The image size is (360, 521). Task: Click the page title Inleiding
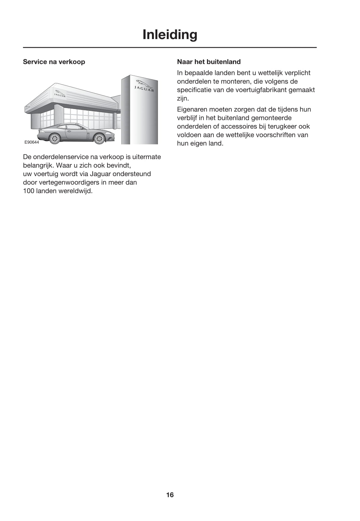click(x=170, y=34)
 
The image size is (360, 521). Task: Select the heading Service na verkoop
click(x=54, y=62)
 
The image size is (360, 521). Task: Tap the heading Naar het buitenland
click(x=209, y=62)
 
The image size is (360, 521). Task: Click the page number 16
click(x=170, y=495)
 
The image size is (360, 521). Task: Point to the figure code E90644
click(x=32, y=142)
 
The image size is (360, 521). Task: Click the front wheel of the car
click(x=99, y=138)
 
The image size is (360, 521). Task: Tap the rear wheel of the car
click(x=55, y=138)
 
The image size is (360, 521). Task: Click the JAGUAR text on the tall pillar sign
click(x=144, y=89)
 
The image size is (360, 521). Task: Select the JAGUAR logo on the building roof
click(x=60, y=94)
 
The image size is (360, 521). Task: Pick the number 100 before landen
click(x=29, y=191)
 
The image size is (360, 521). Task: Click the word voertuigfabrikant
click(x=262, y=90)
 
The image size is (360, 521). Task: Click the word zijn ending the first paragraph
click(x=182, y=98)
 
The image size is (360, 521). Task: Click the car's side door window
click(x=73, y=127)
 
